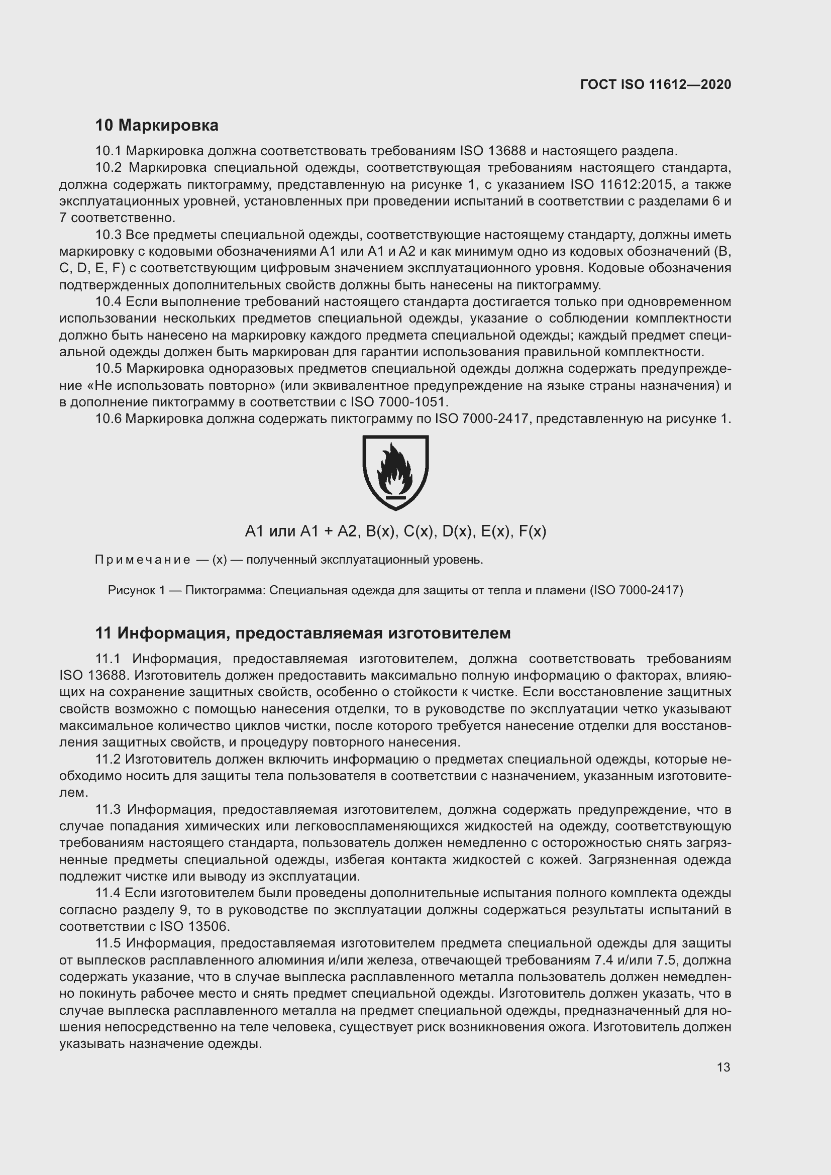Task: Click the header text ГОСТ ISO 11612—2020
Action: [656, 84]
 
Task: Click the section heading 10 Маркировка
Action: [157, 125]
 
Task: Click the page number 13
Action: [723, 1067]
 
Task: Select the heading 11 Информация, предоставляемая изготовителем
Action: [302, 633]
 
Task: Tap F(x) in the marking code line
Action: [532, 531]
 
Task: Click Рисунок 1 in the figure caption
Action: [136, 590]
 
